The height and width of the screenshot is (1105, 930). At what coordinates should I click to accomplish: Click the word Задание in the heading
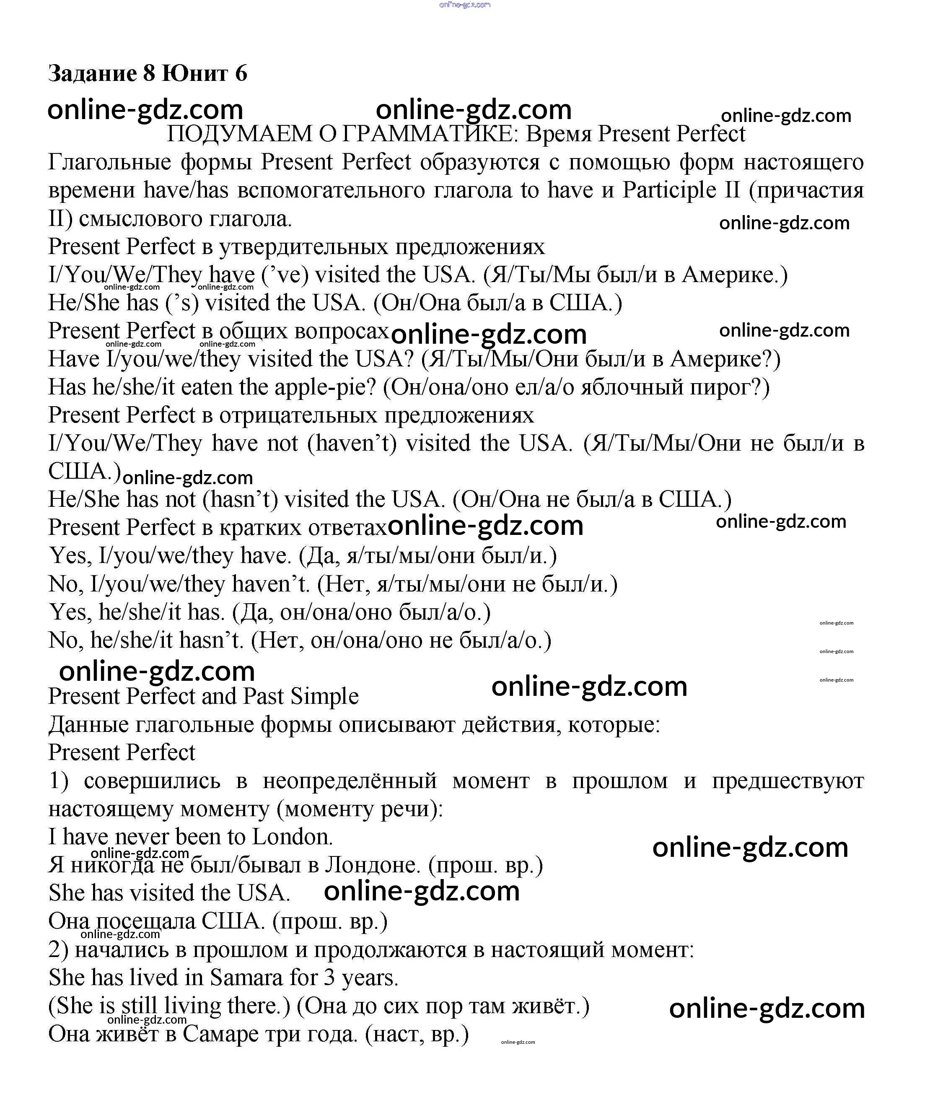coord(92,73)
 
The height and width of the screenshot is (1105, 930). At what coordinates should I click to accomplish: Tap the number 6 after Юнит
coord(241,73)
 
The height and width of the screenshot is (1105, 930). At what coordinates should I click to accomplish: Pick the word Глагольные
coord(110,162)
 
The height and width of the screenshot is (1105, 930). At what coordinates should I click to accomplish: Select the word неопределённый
coord(350,781)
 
